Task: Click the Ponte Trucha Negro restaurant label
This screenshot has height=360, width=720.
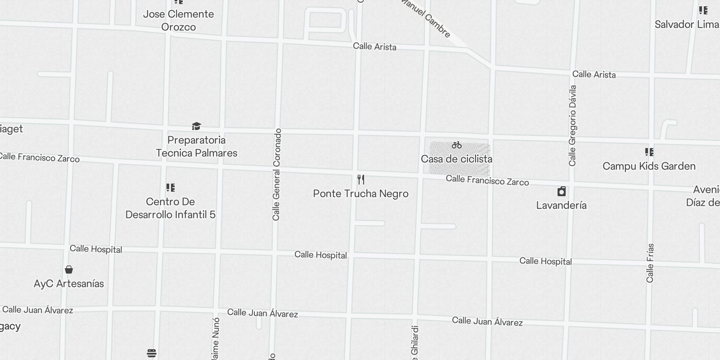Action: [360, 194]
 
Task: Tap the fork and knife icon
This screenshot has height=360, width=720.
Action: [361, 180]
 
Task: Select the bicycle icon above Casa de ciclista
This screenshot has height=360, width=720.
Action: [457, 145]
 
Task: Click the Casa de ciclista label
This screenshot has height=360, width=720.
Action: [456, 159]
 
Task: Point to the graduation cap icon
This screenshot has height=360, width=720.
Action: [196, 126]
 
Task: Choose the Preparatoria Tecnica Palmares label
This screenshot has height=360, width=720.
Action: [197, 147]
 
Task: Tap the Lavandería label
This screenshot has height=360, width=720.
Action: [561, 205]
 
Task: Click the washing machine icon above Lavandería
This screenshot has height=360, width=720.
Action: [561, 192]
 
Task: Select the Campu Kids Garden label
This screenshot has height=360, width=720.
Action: [649, 166]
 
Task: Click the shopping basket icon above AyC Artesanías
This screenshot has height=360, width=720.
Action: [69, 270]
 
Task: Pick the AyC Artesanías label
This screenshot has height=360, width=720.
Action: [69, 283]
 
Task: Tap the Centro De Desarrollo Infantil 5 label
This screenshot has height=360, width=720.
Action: [170, 208]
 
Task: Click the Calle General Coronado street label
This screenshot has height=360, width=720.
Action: [276, 175]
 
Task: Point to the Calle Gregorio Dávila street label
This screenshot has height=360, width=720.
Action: [572, 126]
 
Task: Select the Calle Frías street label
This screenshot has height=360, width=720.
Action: [650, 263]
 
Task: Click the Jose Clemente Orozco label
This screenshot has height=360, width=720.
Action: [178, 20]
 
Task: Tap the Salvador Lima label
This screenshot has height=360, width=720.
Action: [687, 24]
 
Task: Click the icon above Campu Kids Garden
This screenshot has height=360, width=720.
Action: [649, 152]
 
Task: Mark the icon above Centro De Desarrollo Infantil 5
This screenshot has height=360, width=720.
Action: [170, 187]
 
